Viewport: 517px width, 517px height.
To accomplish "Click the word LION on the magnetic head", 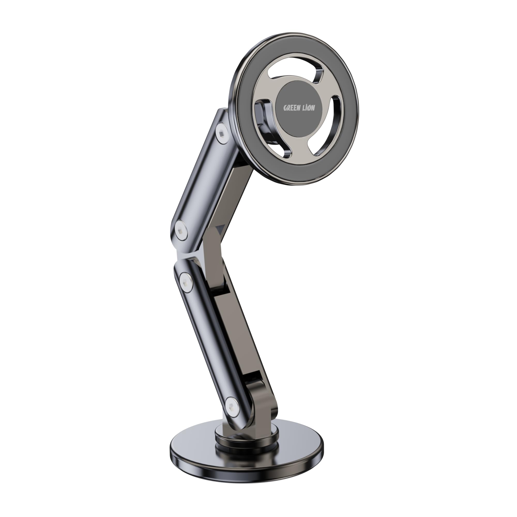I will pyautogui.click(x=308, y=108).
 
